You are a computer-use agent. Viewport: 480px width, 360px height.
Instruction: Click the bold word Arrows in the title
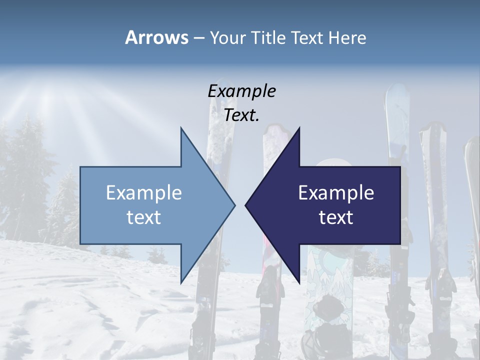[156, 37]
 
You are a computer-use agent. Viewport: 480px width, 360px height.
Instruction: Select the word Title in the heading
[268, 38]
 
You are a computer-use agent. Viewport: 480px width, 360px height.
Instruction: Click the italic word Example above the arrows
[242, 91]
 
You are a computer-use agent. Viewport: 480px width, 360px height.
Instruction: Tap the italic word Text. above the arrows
[242, 115]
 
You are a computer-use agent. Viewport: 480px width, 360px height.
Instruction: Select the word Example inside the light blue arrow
[144, 192]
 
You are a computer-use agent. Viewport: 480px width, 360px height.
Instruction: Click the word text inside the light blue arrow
[144, 217]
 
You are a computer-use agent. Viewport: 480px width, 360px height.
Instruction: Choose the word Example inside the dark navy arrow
[336, 192]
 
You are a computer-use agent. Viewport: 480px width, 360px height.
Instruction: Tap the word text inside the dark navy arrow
[336, 217]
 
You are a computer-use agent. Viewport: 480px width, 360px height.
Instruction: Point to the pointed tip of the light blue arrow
[234, 205]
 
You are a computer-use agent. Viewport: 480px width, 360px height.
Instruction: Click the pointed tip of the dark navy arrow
[245, 205]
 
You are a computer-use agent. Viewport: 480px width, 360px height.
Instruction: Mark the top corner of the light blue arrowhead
[181, 128]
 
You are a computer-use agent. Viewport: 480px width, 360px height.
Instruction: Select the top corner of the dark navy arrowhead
[299, 128]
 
